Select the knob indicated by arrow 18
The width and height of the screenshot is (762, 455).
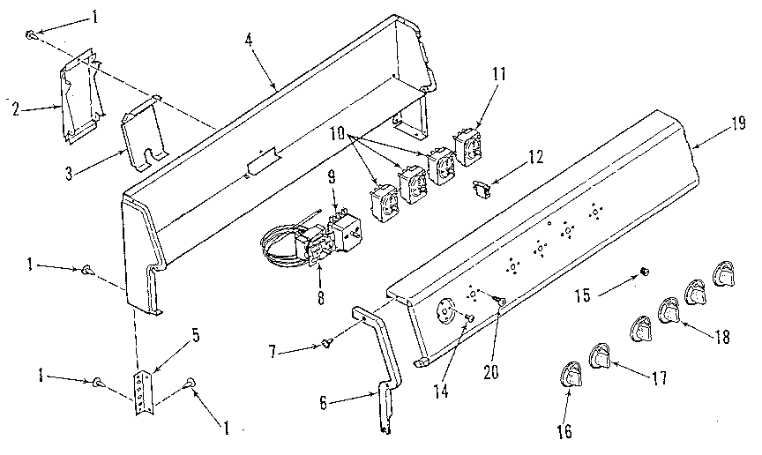[x=668, y=312]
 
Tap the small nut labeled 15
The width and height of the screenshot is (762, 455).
[x=644, y=269]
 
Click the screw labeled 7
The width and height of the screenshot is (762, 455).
[x=327, y=343]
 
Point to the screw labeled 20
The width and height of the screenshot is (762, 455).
[x=502, y=302]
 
